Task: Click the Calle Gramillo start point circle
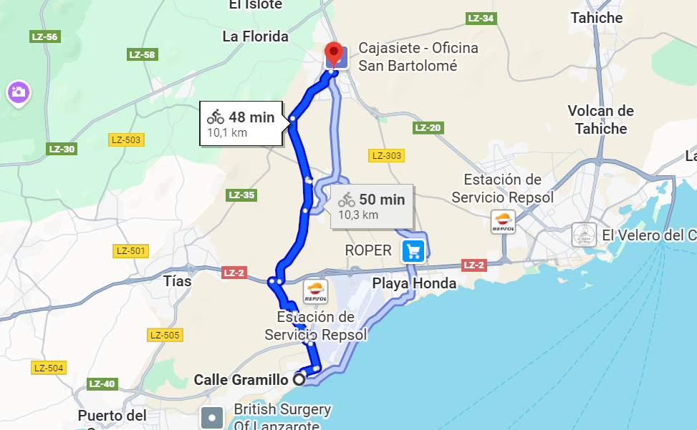(x=299, y=380)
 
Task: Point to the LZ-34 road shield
(x=480, y=19)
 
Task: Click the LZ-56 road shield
(x=44, y=36)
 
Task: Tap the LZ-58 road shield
(x=142, y=54)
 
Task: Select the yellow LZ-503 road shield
(x=127, y=140)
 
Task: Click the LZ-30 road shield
(x=62, y=149)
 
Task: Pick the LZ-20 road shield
(x=428, y=128)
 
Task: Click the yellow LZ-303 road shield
(x=386, y=155)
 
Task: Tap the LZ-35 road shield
(x=241, y=195)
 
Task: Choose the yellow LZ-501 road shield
(x=131, y=250)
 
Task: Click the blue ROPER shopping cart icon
(x=413, y=250)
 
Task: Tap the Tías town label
(x=178, y=281)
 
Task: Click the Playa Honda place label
(x=414, y=283)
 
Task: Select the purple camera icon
(x=17, y=92)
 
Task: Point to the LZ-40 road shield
(x=102, y=383)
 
